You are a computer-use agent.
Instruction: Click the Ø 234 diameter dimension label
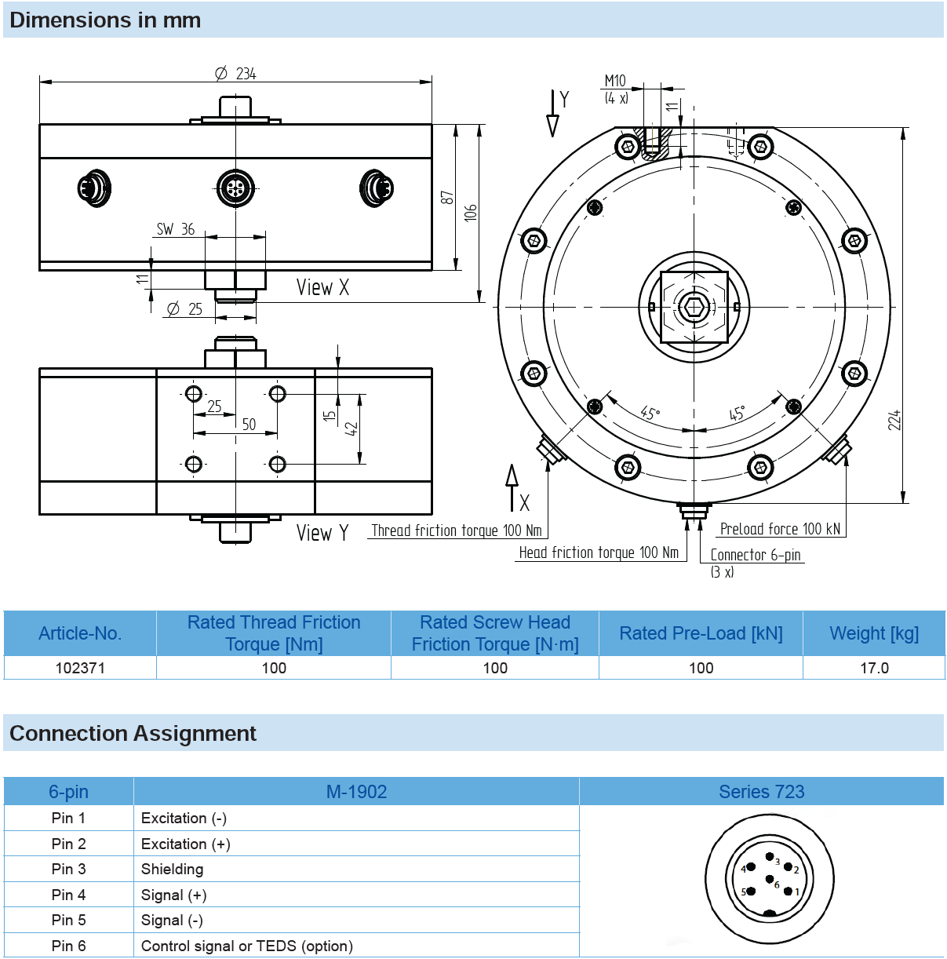235,74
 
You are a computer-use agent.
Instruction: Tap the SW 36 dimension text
175,229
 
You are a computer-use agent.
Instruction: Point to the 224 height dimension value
894,420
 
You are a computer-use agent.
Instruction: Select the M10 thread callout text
614,81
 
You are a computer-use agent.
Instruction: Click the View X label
323,287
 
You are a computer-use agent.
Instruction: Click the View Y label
322,533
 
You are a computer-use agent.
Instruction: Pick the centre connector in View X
235,188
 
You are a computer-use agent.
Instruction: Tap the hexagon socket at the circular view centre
694,307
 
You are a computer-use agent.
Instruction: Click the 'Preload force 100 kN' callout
780,528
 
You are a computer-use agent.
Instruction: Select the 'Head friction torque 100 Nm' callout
599,552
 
